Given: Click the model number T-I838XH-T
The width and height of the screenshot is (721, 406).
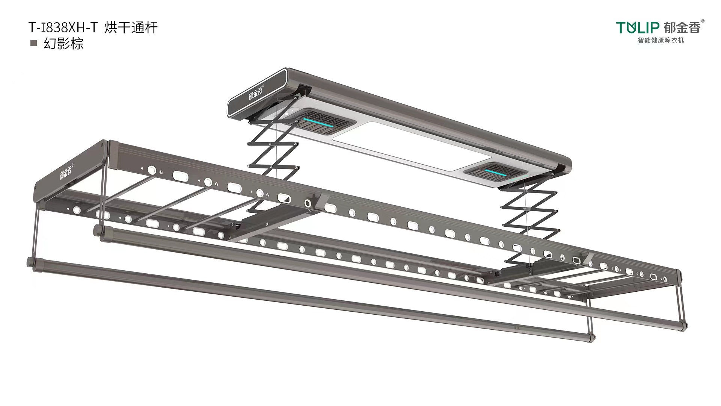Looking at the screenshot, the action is pyautogui.click(x=63, y=27).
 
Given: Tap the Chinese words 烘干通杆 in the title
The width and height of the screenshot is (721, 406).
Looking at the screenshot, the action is pyautogui.click(x=131, y=27).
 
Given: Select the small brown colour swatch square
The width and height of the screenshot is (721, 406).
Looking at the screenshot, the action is pyautogui.click(x=33, y=43).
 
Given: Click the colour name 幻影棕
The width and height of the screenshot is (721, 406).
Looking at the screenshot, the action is pyautogui.click(x=63, y=44).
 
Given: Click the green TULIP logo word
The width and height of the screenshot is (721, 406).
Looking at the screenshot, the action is pyautogui.click(x=638, y=27).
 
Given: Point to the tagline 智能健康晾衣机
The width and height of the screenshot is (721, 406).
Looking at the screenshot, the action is pyautogui.click(x=661, y=40).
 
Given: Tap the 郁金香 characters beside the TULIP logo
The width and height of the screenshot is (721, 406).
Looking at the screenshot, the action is pyautogui.click(x=682, y=27).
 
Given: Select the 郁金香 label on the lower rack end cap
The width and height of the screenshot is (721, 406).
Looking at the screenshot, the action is pyautogui.click(x=66, y=171).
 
